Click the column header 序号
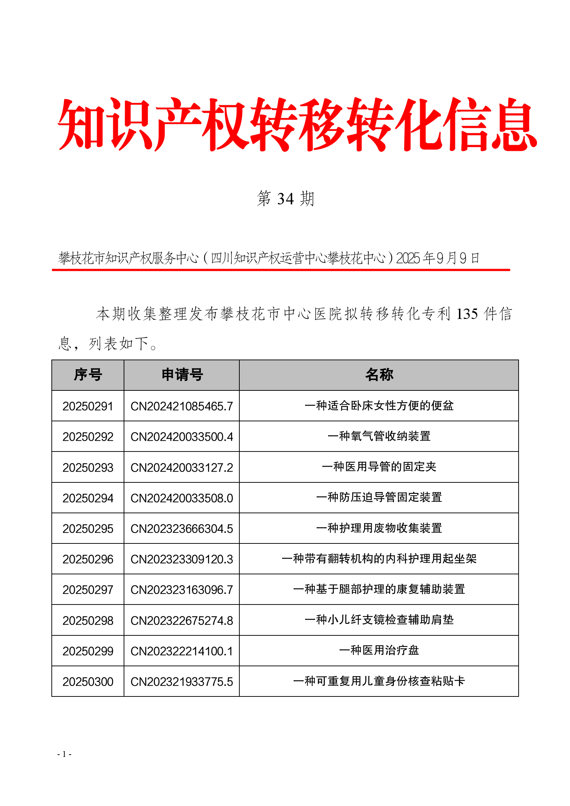pos(88,375)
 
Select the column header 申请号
pos(182,375)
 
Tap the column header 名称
pos(379,375)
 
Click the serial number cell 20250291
pos(88,406)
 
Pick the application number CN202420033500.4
pos(182,437)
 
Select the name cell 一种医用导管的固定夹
pos(379,467)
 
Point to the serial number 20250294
pos(88,498)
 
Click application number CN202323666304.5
pos(182,529)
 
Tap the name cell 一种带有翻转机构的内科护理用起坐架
pos(379,559)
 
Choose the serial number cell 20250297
pos(88,590)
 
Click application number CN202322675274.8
pos(182,621)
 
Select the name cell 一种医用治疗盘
pos(379,650)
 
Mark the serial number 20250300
pos(88,682)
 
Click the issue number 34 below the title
pos(286,199)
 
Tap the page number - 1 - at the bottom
pos(64,754)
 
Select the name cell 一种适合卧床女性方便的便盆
pos(379,406)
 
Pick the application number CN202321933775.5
pos(182,682)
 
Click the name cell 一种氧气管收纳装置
pos(379,436)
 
